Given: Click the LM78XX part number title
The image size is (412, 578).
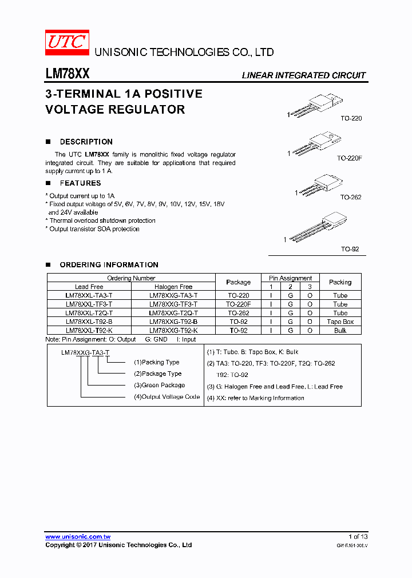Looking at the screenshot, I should pos(67,74).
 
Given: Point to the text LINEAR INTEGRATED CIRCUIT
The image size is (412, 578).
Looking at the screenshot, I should pos(303,75).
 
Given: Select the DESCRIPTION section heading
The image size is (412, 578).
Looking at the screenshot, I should pos(86,142).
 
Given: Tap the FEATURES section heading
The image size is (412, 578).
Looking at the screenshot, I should pos(80,183).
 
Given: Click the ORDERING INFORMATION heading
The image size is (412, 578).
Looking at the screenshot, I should pos(109,265).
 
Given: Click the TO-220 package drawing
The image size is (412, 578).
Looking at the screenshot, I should pos(318,106).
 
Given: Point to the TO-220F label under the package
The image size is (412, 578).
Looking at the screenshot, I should pos(349,158).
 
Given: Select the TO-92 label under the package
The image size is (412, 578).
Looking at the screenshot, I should pos(350,250).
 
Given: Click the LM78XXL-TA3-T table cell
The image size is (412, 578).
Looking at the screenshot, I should pos(89,296).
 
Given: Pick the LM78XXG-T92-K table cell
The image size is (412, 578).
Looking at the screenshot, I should pos(173,331).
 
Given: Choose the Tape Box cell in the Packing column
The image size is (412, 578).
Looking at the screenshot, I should pos(340,322).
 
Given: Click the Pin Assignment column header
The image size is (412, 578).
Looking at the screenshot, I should pos(290,278).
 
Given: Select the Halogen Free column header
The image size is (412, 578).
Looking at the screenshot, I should pos(173,287).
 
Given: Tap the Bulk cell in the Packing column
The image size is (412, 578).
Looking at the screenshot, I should pos(340,331).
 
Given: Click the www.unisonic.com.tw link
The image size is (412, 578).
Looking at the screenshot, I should pos(78,537).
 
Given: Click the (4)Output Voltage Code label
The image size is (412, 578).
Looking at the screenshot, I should pos(167,397).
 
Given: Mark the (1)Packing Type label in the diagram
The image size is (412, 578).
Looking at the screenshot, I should pos(156,362).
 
